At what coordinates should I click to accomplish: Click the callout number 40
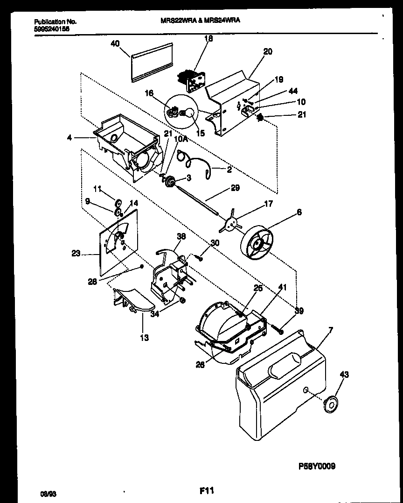[x=115, y=43]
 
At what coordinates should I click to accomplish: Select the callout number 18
[x=209, y=39]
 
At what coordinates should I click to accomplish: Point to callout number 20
[x=267, y=52]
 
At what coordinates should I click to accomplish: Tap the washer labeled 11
[x=118, y=203]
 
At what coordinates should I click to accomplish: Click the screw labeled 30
[x=200, y=256]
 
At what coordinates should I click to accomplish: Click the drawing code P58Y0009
[x=317, y=466]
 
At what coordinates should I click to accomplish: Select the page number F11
[x=206, y=490]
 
